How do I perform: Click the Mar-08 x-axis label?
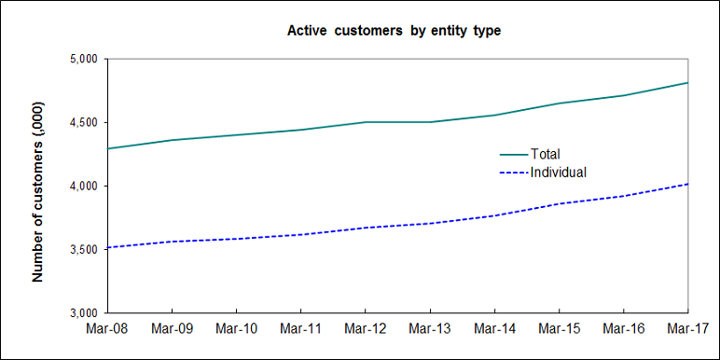pos(107,329)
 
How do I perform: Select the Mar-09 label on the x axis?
pos(172,329)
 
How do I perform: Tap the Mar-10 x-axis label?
pos(236,329)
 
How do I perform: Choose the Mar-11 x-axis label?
pos(300,329)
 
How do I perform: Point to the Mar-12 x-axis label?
pos(365,329)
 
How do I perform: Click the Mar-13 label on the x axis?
pos(429,329)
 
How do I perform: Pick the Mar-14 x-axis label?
pos(493,329)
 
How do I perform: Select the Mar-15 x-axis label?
pos(558,329)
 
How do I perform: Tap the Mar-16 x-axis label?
pos(622,329)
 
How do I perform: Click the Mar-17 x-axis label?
pos(686,329)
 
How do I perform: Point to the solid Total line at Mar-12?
pos(365,121)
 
